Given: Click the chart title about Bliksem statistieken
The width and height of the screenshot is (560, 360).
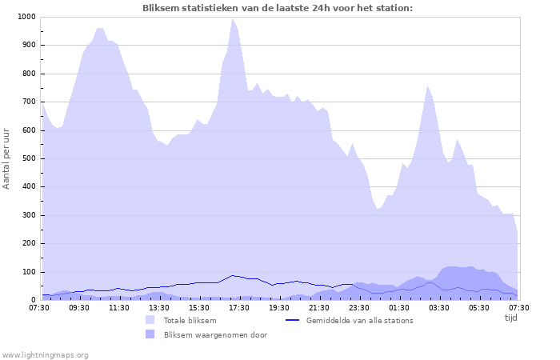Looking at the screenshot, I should pyautogui.click(x=278, y=8).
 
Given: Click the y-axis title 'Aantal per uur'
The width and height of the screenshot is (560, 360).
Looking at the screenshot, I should pyautogui.click(x=7, y=158).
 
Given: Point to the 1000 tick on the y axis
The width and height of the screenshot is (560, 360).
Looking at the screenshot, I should pyautogui.click(x=26, y=17).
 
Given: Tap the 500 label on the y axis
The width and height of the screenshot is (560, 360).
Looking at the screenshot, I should pyautogui.click(x=29, y=158).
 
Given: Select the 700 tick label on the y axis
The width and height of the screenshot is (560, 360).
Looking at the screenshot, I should pyautogui.click(x=29, y=102).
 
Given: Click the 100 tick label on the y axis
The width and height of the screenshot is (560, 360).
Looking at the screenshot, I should pyautogui.click(x=29, y=272).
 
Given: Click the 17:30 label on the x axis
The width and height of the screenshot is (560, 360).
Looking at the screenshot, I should pyautogui.click(x=238, y=307).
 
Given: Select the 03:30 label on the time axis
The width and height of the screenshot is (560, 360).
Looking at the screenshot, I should pyautogui.click(x=438, y=307).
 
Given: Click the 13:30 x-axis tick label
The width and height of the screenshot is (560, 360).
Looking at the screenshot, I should pyautogui.click(x=159, y=307).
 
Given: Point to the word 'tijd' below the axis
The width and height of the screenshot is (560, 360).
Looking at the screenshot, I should pyautogui.click(x=510, y=318).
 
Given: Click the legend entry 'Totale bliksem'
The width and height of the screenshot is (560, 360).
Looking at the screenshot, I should pyautogui.click(x=190, y=321).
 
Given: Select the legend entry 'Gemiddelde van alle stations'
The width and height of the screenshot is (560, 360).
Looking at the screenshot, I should pyautogui.click(x=359, y=321).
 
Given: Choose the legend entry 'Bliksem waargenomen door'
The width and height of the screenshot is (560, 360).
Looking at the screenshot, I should pyautogui.click(x=215, y=335).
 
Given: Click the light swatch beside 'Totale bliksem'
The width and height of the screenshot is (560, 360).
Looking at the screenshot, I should pyautogui.click(x=150, y=320).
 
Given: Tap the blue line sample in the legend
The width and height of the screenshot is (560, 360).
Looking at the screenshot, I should pyautogui.click(x=292, y=320).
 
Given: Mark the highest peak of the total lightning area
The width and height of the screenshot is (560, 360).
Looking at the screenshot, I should pyautogui.click(x=233, y=18).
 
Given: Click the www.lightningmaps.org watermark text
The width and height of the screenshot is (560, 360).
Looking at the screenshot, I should pyautogui.click(x=46, y=354).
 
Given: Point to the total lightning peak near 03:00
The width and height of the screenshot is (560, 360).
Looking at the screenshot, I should pyautogui.click(x=428, y=85).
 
